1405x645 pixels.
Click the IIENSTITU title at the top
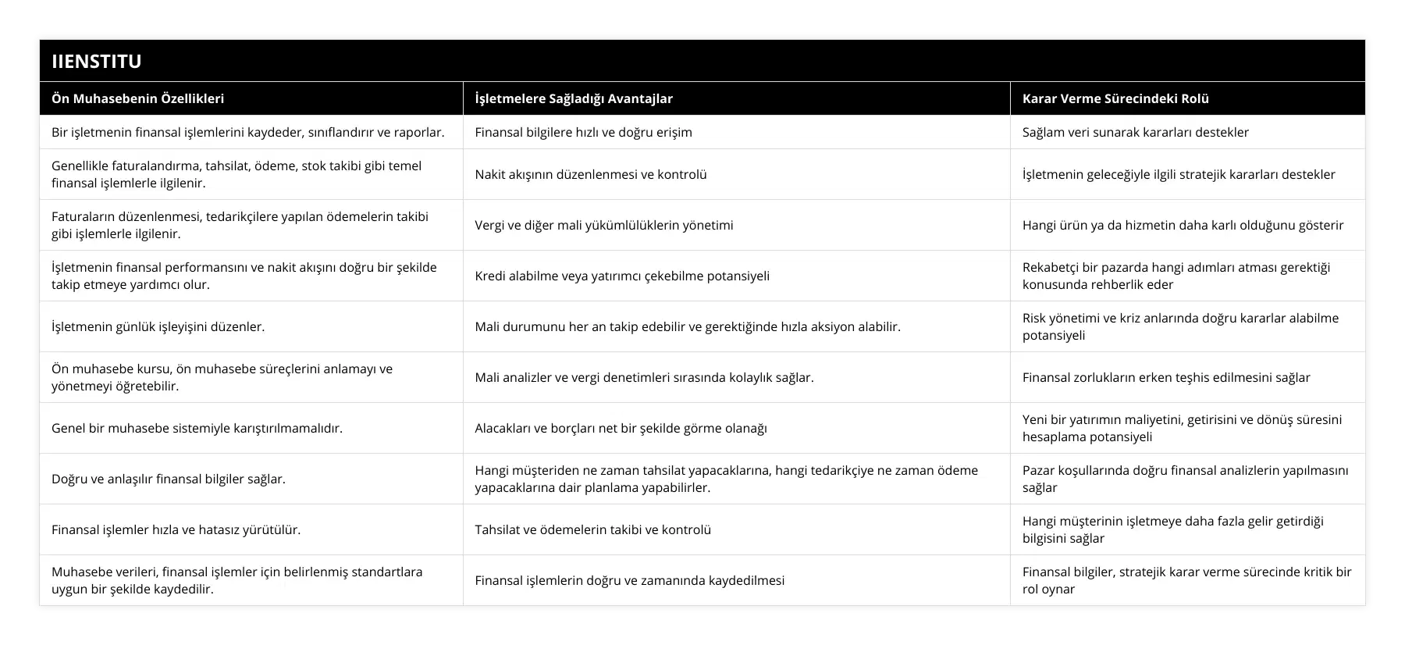(x=97, y=61)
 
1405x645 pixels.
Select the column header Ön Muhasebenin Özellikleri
(x=138, y=98)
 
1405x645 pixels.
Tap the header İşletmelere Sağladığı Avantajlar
(x=574, y=98)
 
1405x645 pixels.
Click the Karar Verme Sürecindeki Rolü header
(x=1115, y=98)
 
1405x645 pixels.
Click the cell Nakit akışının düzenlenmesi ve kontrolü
(x=590, y=174)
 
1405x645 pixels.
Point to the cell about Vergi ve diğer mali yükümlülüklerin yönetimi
(x=603, y=225)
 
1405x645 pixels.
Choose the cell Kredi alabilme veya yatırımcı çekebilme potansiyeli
(x=621, y=276)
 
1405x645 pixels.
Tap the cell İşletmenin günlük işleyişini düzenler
(x=158, y=326)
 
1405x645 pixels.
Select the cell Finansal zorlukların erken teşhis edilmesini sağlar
(x=1166, y=377)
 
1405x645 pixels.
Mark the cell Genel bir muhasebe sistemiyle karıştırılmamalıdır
(x=197, y=428)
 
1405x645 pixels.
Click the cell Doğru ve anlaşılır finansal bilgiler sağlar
(x=169, y=479)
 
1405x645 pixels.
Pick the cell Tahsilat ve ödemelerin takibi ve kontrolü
(x=592, y=529)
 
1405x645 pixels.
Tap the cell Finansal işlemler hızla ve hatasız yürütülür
(x=176, y=529)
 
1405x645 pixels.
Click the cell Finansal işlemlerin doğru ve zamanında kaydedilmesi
(x=629, y=580)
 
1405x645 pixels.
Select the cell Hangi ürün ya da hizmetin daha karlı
(x=1183, y=225)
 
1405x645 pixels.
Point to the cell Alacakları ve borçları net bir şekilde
(x=621, y=428)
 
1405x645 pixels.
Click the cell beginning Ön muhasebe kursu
(x=222, y=377)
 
